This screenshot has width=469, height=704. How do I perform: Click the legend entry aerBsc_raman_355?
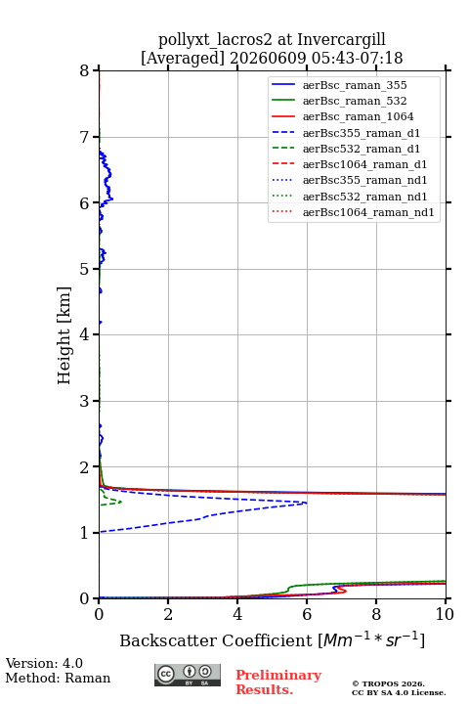click(x=355, y=85)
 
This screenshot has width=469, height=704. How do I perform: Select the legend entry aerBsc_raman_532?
click(x=355, y=101)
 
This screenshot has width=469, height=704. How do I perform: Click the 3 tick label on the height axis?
click(x=84, y=401)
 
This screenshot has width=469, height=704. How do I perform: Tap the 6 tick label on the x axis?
click(x=307, y=614)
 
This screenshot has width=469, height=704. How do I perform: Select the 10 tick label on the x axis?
click(x=445, y=614)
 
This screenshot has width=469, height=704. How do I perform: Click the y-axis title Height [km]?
click(x=64, y=335)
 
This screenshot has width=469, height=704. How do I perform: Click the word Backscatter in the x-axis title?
click(x=168, y=640)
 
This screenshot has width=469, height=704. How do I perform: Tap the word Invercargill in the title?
click(x=341, y=40)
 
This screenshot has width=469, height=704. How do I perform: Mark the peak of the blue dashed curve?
click(x=307, y=503)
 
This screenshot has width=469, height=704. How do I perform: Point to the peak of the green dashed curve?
click(x=121, y=502)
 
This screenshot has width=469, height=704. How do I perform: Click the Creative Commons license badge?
click(x=188, y=675)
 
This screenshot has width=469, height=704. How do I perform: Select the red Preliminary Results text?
click(x=278, y=682)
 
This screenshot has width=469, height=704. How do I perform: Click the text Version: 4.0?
click(x=44, y=663)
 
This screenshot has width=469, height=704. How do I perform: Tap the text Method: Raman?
click(x=58, y=678)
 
